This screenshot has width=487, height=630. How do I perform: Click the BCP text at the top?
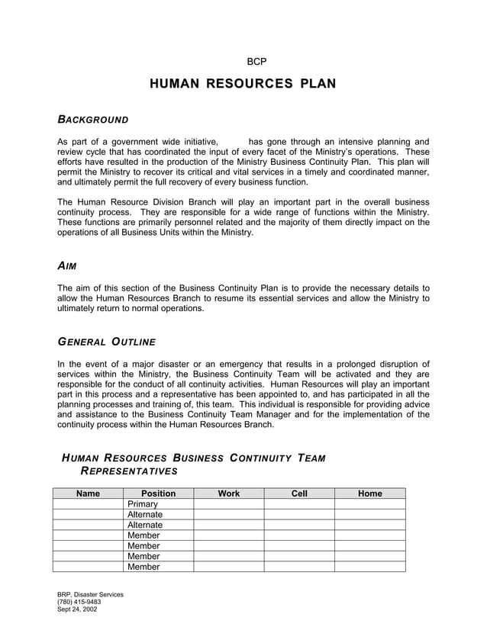coord(256,61)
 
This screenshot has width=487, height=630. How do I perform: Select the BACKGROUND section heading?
coord(93,120)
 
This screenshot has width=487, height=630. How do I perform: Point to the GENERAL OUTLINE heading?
coord(107,341)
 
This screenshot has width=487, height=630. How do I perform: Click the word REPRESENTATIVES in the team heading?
coord(129,471)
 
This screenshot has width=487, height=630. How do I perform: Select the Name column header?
coord(88,493)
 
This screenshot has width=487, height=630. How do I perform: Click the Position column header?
coord(159,493)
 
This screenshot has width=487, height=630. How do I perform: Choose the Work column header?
coord(228,493)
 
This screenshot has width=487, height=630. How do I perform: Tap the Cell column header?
coord(299,493)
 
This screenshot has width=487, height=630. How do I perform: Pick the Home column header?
coord(369,493)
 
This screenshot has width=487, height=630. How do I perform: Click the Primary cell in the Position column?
coord(143,504)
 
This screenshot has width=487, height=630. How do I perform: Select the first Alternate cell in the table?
coord(145,515)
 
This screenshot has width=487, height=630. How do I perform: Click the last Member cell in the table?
coord(144,567)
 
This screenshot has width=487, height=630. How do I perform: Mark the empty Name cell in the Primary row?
coord(88,504)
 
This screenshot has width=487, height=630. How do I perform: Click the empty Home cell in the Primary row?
coord(369,504)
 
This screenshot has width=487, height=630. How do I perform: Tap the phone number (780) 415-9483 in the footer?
coord(79,602)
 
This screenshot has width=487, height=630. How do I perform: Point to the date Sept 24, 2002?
coord(77,609)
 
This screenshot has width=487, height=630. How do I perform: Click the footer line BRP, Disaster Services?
coord(90,594)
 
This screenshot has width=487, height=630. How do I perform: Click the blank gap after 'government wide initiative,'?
coord(234,142)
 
